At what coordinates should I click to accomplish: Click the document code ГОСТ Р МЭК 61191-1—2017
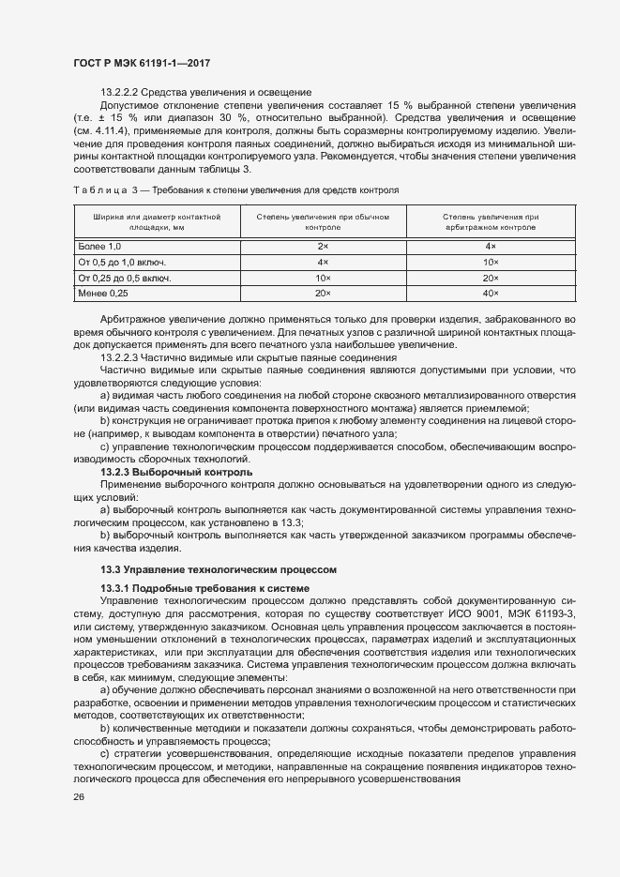[x=141, y=63]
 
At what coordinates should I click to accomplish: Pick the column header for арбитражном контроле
[x=491, y=221]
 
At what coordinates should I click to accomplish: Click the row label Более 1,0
[x=101, y=245]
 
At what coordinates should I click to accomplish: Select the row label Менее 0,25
[x=103, y=295]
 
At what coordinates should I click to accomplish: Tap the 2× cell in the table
[x=322, y=245]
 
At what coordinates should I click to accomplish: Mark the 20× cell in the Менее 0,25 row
[x=322, y=295]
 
